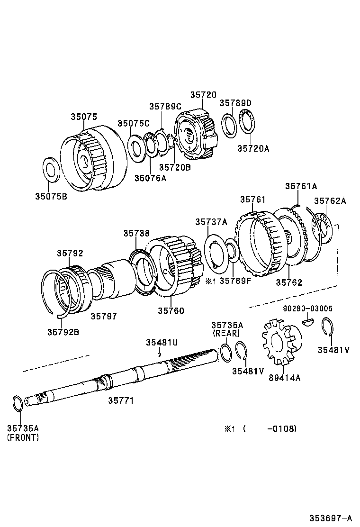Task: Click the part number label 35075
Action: [84, 117]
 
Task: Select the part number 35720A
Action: [253, 148]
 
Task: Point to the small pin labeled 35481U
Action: [160, 354]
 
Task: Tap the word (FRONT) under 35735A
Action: [23, 437]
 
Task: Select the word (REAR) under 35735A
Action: [227, 333]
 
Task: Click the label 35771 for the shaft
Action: [121, 400]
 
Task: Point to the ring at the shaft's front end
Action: [17, 404]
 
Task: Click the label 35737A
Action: [211, 222]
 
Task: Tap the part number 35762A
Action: [330, 201]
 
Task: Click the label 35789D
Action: [235, 103]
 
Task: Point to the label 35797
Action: [103, 316]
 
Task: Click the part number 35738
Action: [137, 233]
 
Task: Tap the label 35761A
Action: [301, 186]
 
